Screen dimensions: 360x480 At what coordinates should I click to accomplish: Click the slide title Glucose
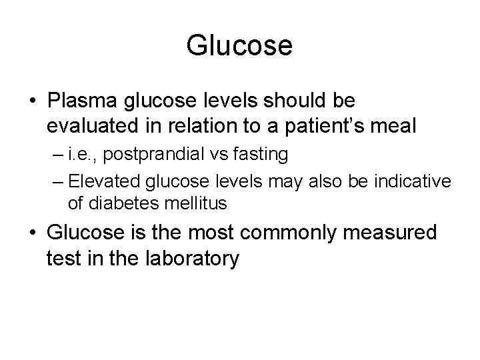(x=239, y=46)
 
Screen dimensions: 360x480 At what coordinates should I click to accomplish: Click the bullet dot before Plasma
(x=33, y=102)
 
